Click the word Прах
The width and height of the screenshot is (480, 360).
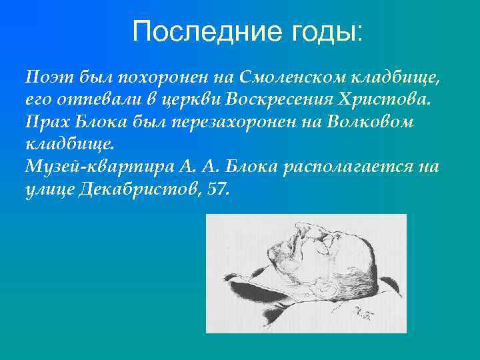[x=45, y=122]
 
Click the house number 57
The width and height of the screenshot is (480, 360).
[x=217, y=189]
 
